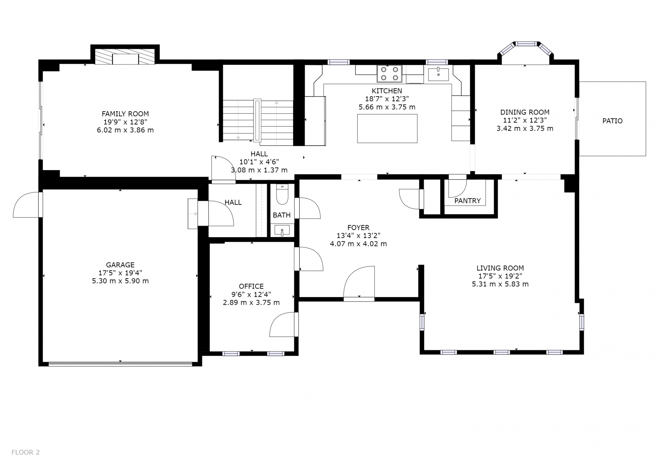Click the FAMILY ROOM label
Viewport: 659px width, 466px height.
pos(125,114)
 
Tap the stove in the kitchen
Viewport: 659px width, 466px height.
pos(389,74)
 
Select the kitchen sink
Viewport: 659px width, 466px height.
pos(438,74)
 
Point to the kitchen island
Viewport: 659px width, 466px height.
pos(387,128)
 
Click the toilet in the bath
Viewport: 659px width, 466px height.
pos(282,194)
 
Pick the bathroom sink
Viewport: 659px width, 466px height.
pos(282,230)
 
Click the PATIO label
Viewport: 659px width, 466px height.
pos(612,121)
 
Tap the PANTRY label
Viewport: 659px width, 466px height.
pos(467,201)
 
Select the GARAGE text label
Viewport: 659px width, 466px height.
pos(120,265)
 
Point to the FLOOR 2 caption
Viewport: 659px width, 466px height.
pos(26,452)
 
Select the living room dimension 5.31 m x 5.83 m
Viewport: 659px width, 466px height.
pos(500,284)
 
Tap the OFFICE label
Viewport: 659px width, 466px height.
pos(251,286)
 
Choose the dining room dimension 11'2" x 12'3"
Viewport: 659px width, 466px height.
pos(525,120)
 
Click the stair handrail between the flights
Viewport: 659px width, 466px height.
pos(257,120)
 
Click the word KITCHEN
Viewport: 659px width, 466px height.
pos(387,91)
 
